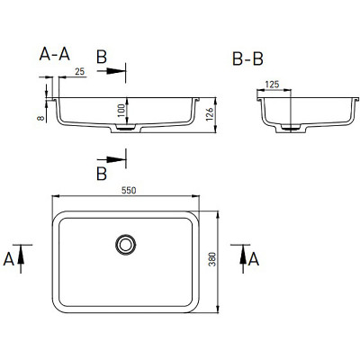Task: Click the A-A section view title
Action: [55, 55]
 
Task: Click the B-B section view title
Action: [247, 59]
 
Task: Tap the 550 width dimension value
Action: [129, 191]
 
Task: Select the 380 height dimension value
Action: [212, 259]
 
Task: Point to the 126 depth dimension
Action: [210, 114]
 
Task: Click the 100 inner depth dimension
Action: [121, 111]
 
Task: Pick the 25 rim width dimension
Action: [80, 72]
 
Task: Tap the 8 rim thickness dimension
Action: [40, 118]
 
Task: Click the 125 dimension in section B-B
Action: [272, 85]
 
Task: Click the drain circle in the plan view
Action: [126, 245]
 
